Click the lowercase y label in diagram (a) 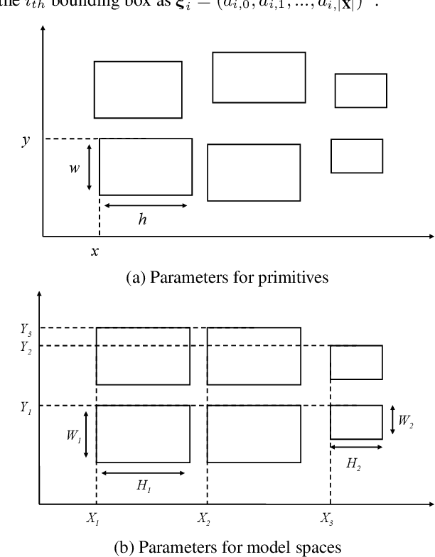[x=26, y=140]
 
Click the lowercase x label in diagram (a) [x=95, y=251]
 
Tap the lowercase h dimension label [x=143, y=220]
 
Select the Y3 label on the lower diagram [x=26, y=328]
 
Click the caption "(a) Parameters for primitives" [x=227, y=278]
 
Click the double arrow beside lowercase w [x=89, y=167]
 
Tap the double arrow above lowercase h [x=145, y=205]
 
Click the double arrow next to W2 [x=393, y=421]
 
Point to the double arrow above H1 [x=144, y=472]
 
